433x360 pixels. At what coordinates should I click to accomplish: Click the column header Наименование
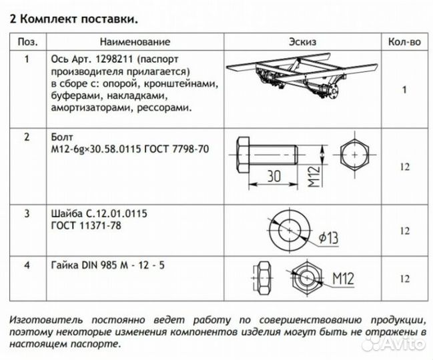point(136,42)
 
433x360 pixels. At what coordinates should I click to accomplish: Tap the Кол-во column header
point(404,42)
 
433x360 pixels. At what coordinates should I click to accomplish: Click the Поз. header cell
point(27,42)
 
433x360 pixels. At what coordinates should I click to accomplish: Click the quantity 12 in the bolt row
point(404,167)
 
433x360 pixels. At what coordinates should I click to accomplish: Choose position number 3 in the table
point(27,214)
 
